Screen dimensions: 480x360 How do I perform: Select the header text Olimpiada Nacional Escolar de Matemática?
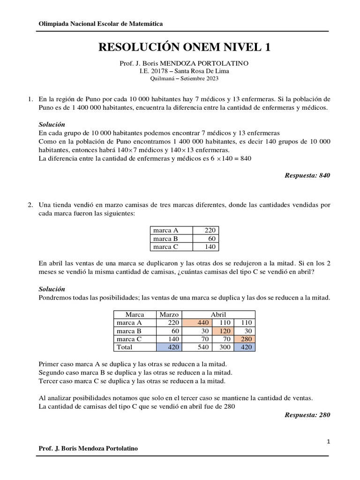point(100,24)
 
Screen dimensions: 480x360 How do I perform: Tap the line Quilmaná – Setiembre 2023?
point(184,78)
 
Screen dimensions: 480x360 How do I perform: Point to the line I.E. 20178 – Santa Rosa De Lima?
point(184,71)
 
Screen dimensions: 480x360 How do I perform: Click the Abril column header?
point(218,315)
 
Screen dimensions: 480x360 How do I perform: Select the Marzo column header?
point(169,315)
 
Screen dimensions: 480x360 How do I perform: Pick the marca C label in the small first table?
point(166,247)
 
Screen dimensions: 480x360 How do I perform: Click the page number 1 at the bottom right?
point(329,442)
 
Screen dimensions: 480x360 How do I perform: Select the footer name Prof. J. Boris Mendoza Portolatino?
point(88,448)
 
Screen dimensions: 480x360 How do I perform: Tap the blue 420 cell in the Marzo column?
point(169,347)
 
